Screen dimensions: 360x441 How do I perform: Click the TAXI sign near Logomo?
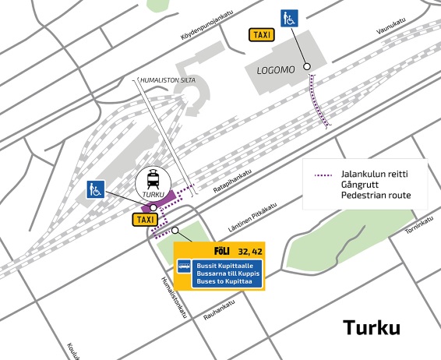point(260,35)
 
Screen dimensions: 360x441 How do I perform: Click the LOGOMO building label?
point(276,70)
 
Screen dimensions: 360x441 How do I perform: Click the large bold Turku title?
point(372,327)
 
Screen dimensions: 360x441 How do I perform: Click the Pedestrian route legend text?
point(376,195)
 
